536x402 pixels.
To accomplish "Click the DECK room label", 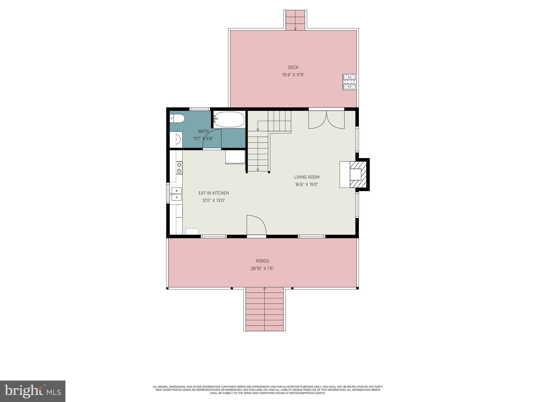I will click(x=293, y=68).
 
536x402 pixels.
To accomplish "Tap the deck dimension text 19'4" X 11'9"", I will click(x=293, y=75).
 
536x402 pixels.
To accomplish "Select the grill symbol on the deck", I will click(x=350, y=82).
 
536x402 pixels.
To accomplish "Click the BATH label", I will click(x=203, y=131).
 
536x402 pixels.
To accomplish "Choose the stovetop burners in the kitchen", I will click(x=179, y=168).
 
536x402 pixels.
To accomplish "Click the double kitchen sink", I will click(x=177, y=194).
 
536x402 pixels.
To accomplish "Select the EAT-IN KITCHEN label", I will click(x=214, y=193).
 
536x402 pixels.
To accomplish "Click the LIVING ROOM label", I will click(x=307, y=177).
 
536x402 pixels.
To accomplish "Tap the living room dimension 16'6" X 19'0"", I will click(x=307, y=185).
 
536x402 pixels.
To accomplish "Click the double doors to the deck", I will click(x=326, y=120).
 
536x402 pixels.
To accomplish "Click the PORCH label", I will click(x=262, y=261).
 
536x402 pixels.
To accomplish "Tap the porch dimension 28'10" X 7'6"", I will click(x=262, y=269).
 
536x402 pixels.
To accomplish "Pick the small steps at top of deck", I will click(x=295, y=20).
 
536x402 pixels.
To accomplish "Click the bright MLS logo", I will click(x=33, y=391).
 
